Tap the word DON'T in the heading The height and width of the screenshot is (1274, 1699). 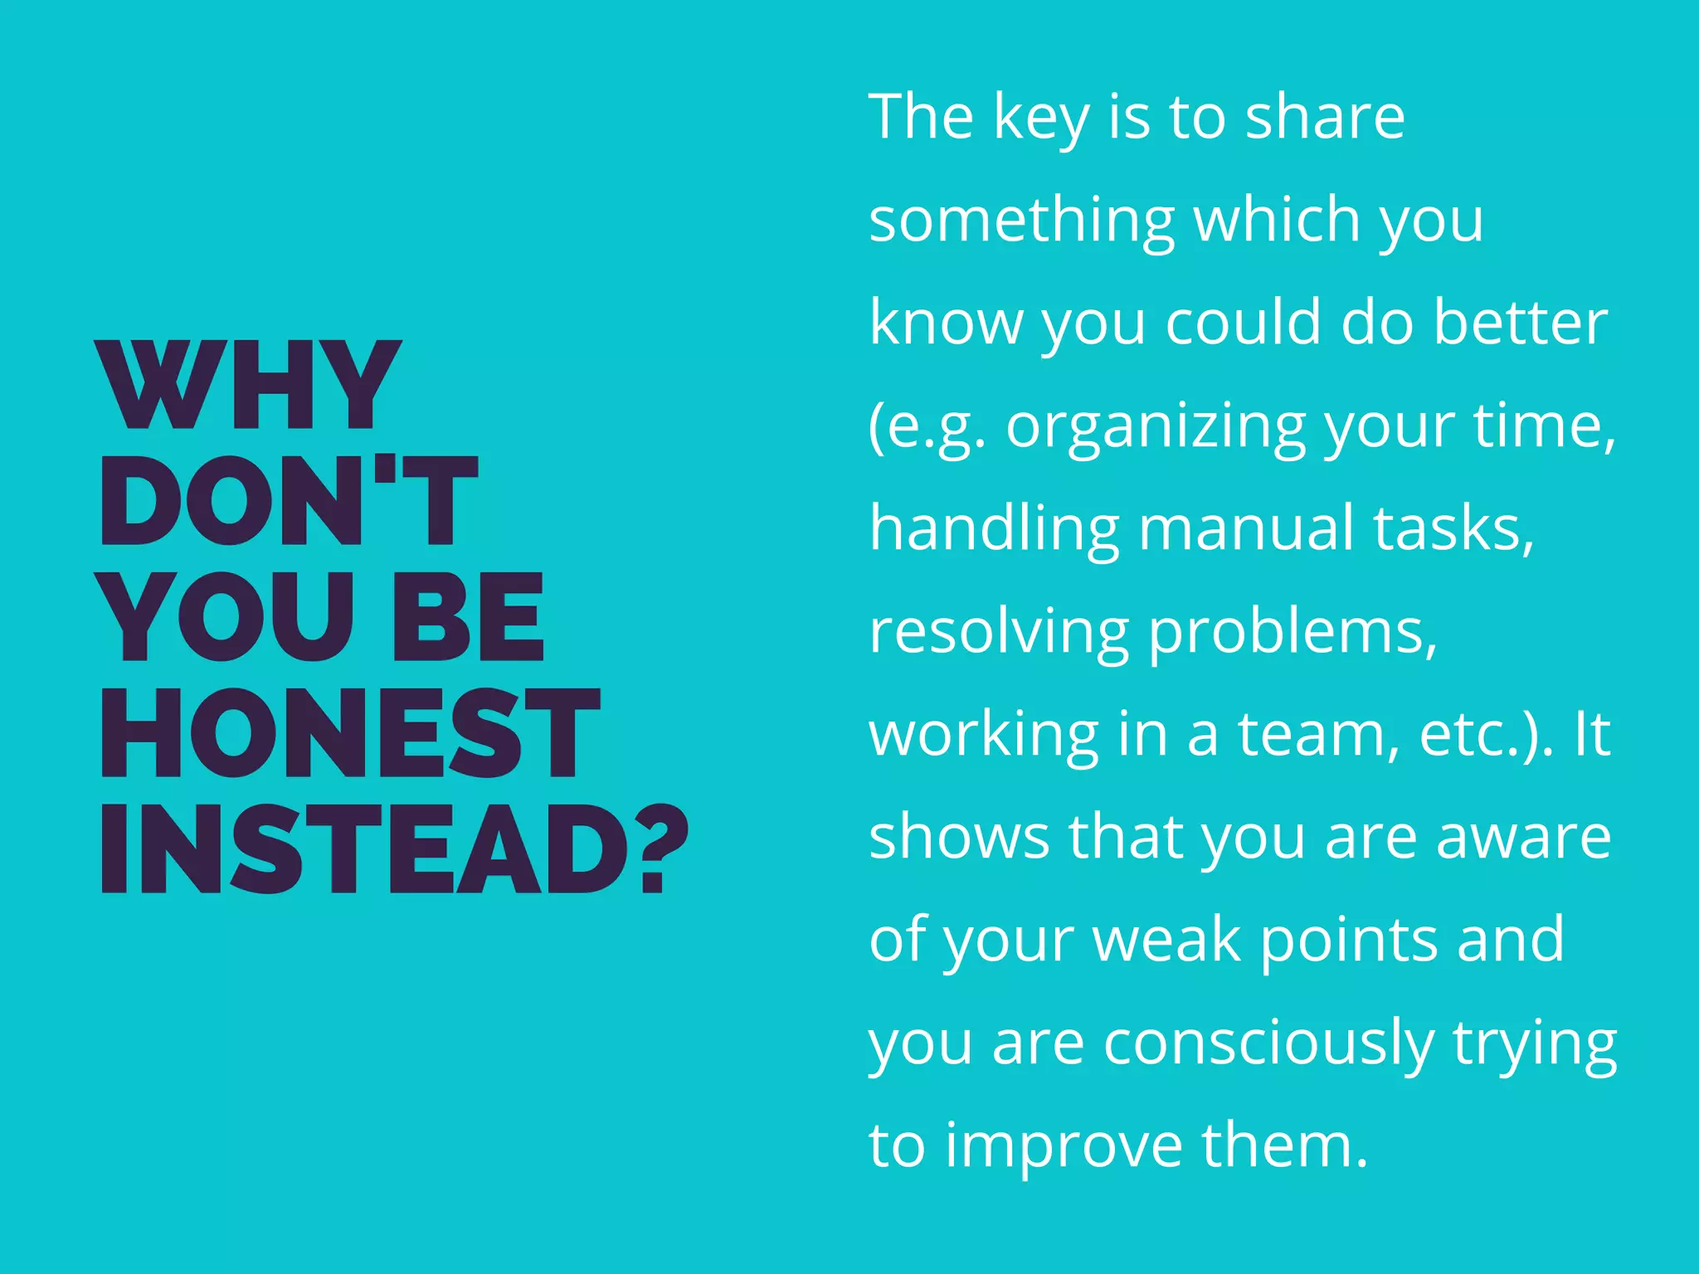tap(288, 501)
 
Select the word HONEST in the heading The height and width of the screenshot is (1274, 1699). tap(349, 733)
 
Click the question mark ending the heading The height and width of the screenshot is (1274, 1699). tap(665, 849)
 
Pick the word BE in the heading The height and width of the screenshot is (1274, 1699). tap(467, 617)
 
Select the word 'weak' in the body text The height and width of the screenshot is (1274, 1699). tap(1167, 941)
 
